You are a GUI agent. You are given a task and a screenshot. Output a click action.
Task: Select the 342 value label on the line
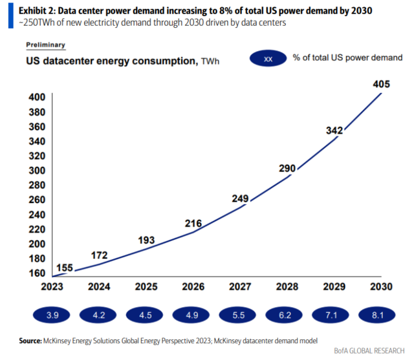(x=334, y=131)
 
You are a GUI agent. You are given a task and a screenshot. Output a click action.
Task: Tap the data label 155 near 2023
(x=64, y=267)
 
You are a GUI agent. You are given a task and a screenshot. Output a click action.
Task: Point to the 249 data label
(x=241, y=198)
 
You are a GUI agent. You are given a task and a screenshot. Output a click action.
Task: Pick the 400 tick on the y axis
(x=36, y=97)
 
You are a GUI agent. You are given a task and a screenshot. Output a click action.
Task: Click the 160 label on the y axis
(x=36, y=273)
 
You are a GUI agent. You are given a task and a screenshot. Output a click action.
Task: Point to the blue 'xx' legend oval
(x=268, y=59)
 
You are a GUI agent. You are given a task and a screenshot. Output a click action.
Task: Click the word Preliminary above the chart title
(x=46, y=45)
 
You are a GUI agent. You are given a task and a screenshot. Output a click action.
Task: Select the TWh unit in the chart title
(x=210, y=62)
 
